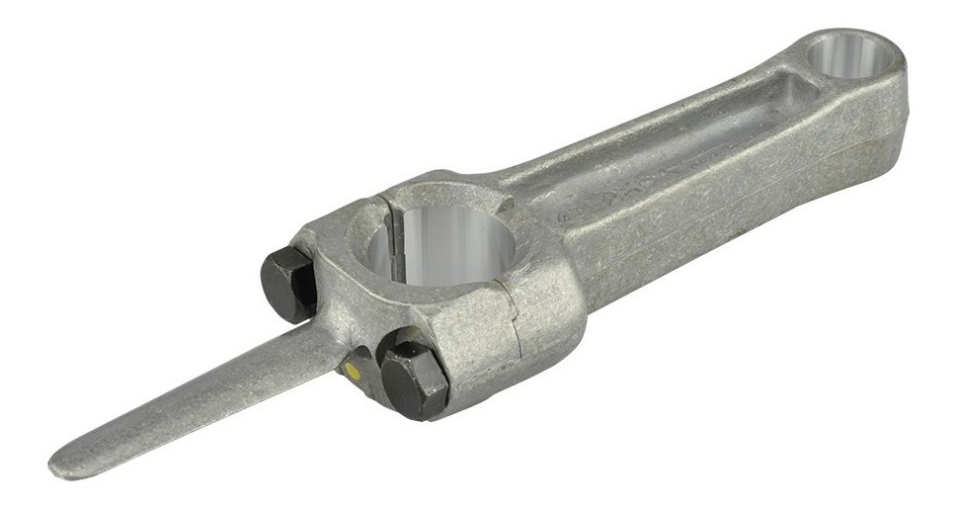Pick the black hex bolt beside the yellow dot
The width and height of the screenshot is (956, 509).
(x=413, y=380)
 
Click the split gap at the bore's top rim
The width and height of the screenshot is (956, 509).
(x=387, y=202)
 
